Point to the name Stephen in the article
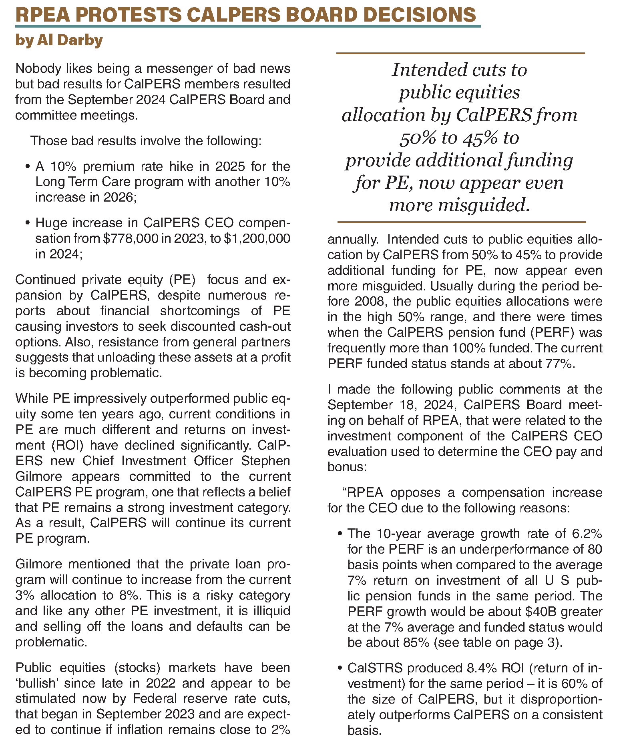coord(265,461)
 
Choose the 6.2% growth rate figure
coord(587,534)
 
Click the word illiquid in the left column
coord(269,611)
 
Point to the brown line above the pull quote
coord(460,53)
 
